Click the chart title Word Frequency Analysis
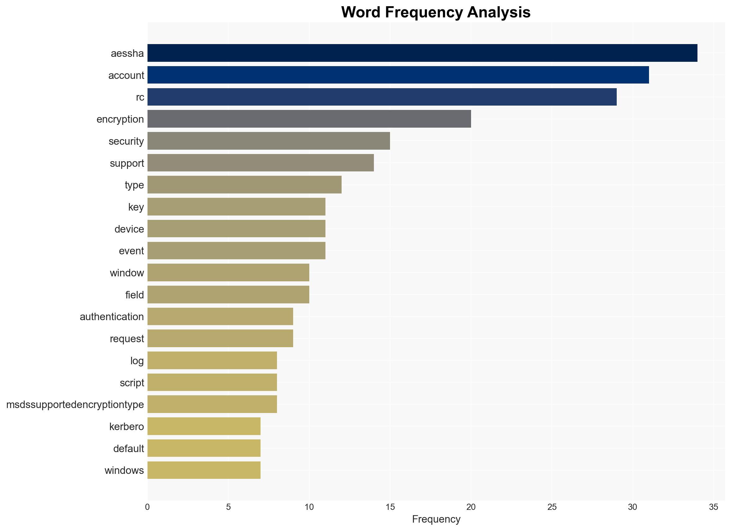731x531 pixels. (x=436, y=12)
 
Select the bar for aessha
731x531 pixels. (x=422, y=53)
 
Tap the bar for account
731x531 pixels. (x=398, y=75)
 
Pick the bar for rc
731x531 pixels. (x=382, y=97)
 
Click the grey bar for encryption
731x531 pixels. (x=309, y=119)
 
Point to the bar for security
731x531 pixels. (x=269, y=141)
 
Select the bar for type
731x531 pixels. (x=244, y=185)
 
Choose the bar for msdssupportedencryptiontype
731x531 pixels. (x=212, y=404)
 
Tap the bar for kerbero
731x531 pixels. (x=204, y=426)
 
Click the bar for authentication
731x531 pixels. (x=220, y=316)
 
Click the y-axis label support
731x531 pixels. (x=127, y=163)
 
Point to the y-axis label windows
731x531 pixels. (x=124, y=470)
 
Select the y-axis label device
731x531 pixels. (x=129, y=229)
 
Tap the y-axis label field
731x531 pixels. (x=134, y=295)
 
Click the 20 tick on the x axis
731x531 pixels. (x=471, y=507)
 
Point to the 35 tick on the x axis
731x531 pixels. (x=714, y=507)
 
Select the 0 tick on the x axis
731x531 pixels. (x=147, y=507)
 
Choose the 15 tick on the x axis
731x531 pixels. (x=390, y=507)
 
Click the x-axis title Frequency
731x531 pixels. (x=436, y=520)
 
